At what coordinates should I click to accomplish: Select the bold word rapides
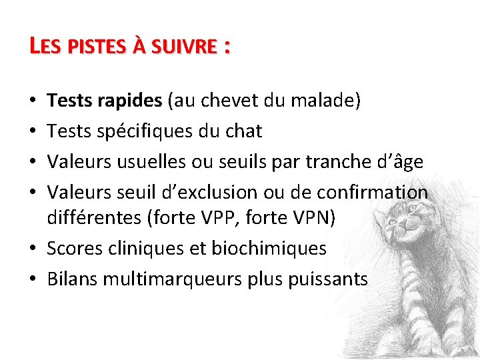129,101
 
